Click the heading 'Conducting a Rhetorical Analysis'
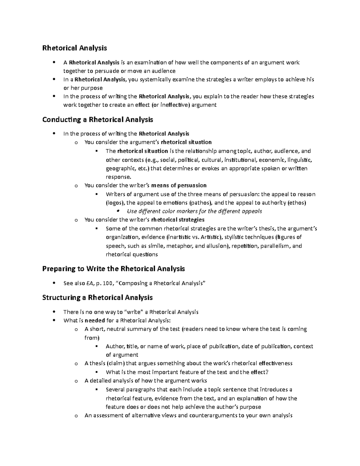coord(97,120)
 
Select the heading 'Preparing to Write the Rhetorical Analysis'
coord(113,269)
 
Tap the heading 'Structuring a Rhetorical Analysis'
coord(97,298)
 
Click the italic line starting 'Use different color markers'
coord(194,211)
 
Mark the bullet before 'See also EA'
coord(54,283)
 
